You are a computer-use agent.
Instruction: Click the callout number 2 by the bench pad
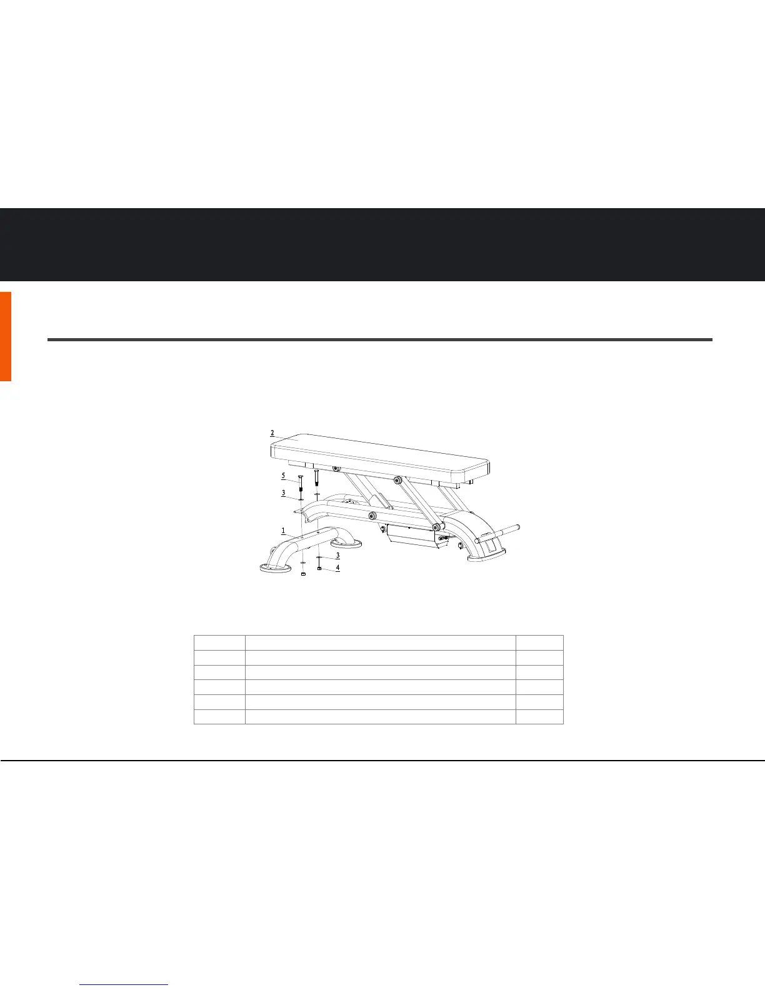click(272, 432)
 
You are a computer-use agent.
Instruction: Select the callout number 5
click(282, 476)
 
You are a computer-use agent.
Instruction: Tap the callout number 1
click(283, 531)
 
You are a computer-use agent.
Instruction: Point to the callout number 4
click(338, 568)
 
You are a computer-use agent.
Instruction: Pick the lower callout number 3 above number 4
click(337, 555)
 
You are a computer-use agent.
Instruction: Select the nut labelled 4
click(319, 568)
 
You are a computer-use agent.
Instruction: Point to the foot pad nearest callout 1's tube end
click(275, 567)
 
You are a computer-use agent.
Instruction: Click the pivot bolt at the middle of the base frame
click(372, 516)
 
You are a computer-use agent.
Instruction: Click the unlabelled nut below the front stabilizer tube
click(303, 574)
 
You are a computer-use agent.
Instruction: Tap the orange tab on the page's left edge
click(6, 336)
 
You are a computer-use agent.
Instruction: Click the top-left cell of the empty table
click(219, 642)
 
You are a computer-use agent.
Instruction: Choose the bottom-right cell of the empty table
click(539, 717)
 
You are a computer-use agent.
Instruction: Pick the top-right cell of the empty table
click(539, 642)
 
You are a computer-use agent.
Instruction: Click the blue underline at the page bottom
click(125, 985)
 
